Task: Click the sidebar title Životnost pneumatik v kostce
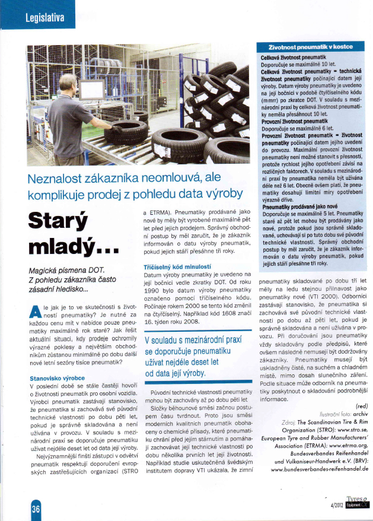click(x=311, y=47)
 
